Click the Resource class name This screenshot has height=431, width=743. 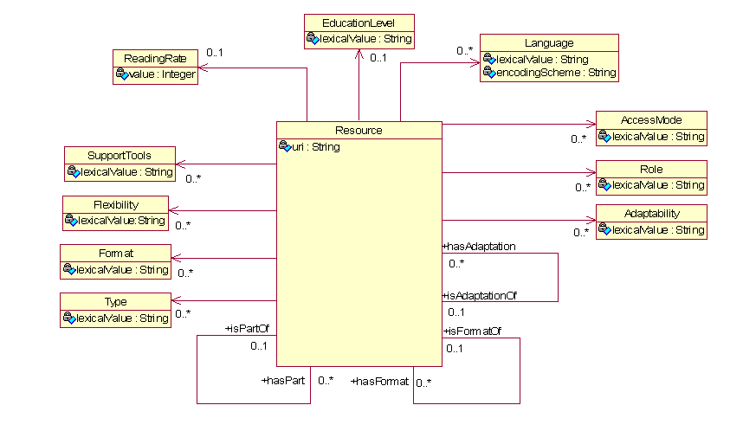(x=359, y=131)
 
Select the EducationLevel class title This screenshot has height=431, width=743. (x=359, y=23)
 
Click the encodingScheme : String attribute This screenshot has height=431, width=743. (x=555, y=74)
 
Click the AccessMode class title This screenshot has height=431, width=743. (x=651, y=120)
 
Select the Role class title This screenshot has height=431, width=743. (x=651, y=169)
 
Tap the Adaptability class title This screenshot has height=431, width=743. (x=651, y=214)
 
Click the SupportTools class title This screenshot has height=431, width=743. (x=120, y=156)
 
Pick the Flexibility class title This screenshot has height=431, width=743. (x=116, y=204)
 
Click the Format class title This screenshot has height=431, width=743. (x=115, y=254)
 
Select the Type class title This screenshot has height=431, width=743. (x=115, y=302)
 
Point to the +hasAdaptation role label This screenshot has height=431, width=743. (x=479, y=247)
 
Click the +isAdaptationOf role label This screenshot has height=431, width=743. (x=480, y=296)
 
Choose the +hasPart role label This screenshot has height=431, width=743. (x=283, y=380)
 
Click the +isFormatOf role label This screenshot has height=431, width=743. (x=472, y=331)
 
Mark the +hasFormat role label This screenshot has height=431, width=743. (x=380, y=381)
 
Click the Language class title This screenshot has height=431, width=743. (x=549, y=42)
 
